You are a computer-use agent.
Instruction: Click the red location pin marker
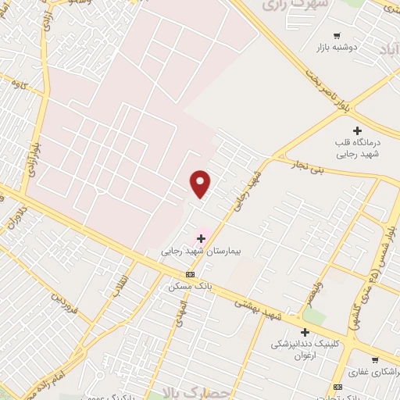[201, 184]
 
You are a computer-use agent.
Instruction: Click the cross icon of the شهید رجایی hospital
[201, 237]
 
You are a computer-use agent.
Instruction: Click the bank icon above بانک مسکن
[190, 273]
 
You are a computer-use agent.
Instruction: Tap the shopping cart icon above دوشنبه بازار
[337, 35]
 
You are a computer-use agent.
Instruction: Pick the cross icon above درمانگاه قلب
[358, 130]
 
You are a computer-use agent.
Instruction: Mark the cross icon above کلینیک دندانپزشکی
[304, 332]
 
